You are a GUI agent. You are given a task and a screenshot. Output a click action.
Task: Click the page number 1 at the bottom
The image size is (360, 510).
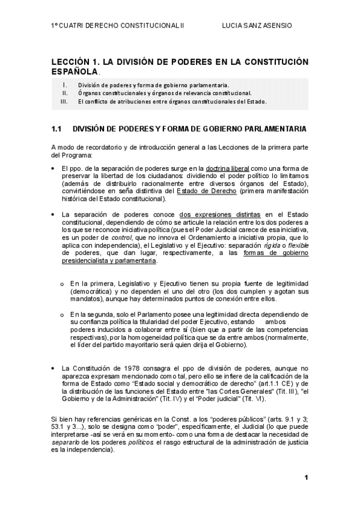click(306, 478)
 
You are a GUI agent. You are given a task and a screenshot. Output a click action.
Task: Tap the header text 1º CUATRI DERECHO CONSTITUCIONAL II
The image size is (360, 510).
click(114, 26)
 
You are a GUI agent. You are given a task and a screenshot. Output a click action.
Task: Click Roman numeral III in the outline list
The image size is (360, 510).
click(64, 102)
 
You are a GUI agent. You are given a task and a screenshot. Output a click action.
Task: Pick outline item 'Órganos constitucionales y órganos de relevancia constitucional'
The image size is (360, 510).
click(165, 93)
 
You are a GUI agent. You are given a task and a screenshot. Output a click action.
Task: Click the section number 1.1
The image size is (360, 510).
click(57, 129)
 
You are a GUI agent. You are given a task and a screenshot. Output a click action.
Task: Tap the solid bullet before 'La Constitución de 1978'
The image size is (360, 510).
click(53, 367)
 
